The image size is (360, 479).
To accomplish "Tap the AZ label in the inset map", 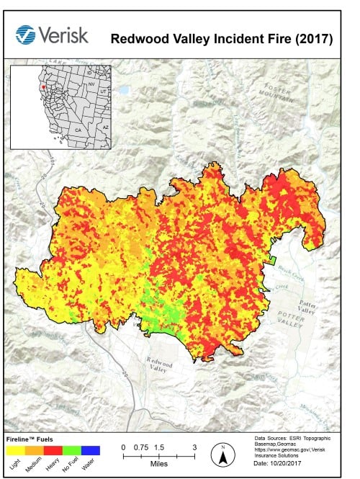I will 105,127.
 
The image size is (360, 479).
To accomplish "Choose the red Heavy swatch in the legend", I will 53,450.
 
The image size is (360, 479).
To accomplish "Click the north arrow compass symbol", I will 223,454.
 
